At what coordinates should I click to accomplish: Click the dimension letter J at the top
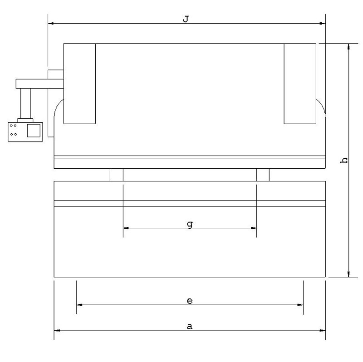[x=186, y=19]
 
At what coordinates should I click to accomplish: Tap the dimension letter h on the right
[x=344, y=161]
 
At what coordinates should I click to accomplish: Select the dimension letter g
[x=190, y=224]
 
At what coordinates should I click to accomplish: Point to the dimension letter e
[x=190, y=301]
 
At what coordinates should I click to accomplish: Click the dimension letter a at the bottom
[x=190, y=327]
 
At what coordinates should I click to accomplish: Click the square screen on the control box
[x=34, y=131]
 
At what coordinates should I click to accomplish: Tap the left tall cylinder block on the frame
[x=79, y=84]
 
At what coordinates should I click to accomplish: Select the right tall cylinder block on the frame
[x=300, y=84]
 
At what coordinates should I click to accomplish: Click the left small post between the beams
[x=117, y=175]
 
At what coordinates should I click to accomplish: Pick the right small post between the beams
[x=263, y=175]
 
